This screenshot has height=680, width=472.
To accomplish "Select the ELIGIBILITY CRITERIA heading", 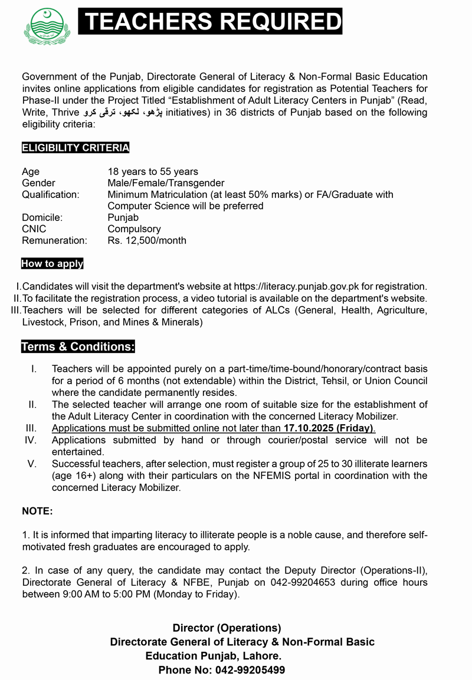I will [x=76, y=147].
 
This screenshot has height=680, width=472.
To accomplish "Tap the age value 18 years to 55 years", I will [x=153, y=171].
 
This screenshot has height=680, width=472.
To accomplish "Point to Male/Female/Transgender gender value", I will [x=166, y=183].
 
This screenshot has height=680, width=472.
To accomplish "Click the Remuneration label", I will [x=54, y=240].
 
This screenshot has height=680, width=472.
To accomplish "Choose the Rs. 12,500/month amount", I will [x=147, y=240].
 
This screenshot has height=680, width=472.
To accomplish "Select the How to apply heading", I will [x=53, y=263].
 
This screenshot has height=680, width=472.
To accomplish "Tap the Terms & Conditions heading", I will [x=78, y=346].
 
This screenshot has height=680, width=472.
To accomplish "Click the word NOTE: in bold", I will [x=38, y=511].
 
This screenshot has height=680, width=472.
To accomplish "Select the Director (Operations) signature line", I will [x=227, y=628].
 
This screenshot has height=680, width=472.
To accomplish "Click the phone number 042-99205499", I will [x=250, y=670].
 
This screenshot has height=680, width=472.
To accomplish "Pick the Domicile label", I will [x=42, y=217].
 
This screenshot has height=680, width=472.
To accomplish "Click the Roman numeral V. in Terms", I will [x=32, y=464].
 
